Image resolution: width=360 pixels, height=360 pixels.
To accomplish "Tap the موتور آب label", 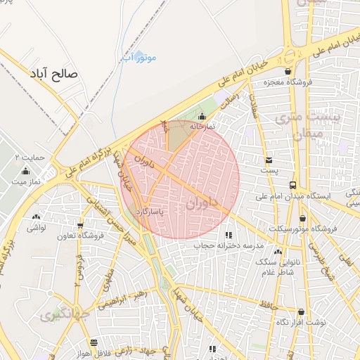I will tap(144, 56).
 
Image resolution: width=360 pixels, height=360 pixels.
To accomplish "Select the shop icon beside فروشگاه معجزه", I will tap(288, 72).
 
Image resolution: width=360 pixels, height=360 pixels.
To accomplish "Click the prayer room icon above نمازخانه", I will tap(202, 117).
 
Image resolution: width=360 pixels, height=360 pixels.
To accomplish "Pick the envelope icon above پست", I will tap(269, 160).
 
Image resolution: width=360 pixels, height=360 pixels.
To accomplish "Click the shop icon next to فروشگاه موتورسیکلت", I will tap(302, 219).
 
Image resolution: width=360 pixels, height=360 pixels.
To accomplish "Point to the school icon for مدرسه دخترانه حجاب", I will tap(229, 235).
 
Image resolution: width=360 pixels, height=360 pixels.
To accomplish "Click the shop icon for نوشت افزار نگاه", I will tap(302, 311).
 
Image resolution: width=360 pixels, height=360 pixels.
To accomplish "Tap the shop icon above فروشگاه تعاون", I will tap(80, 226).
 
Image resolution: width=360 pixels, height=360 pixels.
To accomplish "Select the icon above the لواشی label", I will tap(35, 217).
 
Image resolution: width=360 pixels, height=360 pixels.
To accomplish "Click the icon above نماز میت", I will tap(26, 171).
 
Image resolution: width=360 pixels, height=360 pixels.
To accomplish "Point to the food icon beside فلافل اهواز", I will tap(94, 342).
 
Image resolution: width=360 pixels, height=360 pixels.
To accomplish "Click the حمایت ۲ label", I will tap(30, 157).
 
